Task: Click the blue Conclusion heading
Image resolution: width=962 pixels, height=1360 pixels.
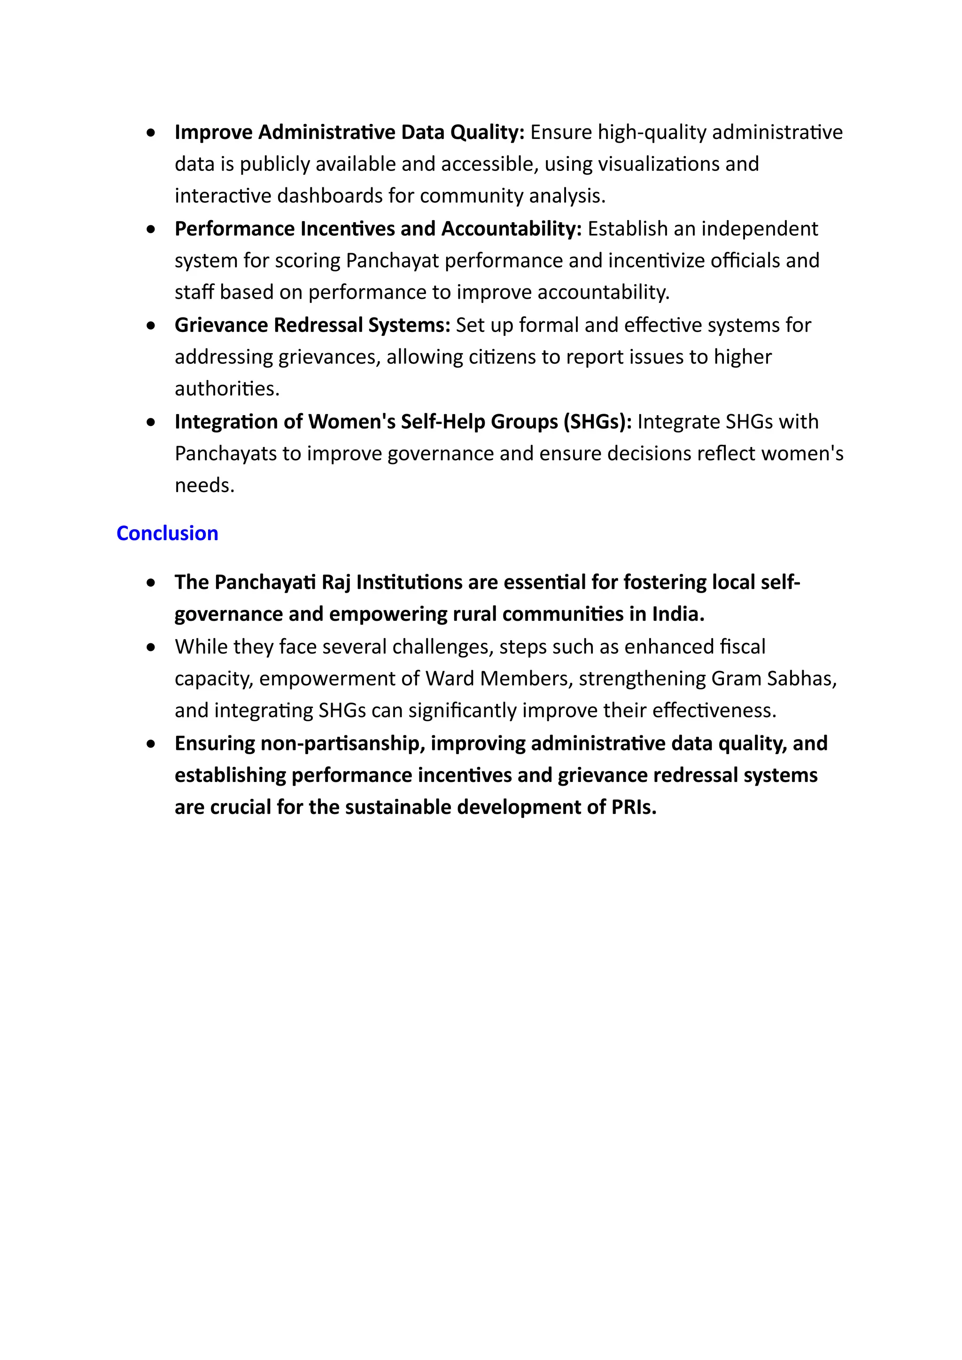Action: point(167,533)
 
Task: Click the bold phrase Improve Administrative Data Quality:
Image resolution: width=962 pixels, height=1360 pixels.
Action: point(349,132)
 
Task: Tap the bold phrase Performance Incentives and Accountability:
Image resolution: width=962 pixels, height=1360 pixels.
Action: point(378,229)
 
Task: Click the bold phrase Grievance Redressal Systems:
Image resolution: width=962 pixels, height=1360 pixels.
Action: point(312,325)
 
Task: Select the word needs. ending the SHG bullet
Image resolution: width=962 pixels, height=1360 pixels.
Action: point(204,486)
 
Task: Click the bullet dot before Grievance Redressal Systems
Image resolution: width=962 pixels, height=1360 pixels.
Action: point(152,325)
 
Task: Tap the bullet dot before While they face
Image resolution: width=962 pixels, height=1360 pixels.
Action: point(152,647)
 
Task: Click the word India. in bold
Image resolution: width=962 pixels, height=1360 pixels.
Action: point(678,614)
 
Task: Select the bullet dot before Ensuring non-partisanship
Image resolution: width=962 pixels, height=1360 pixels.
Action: point(152,743)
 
